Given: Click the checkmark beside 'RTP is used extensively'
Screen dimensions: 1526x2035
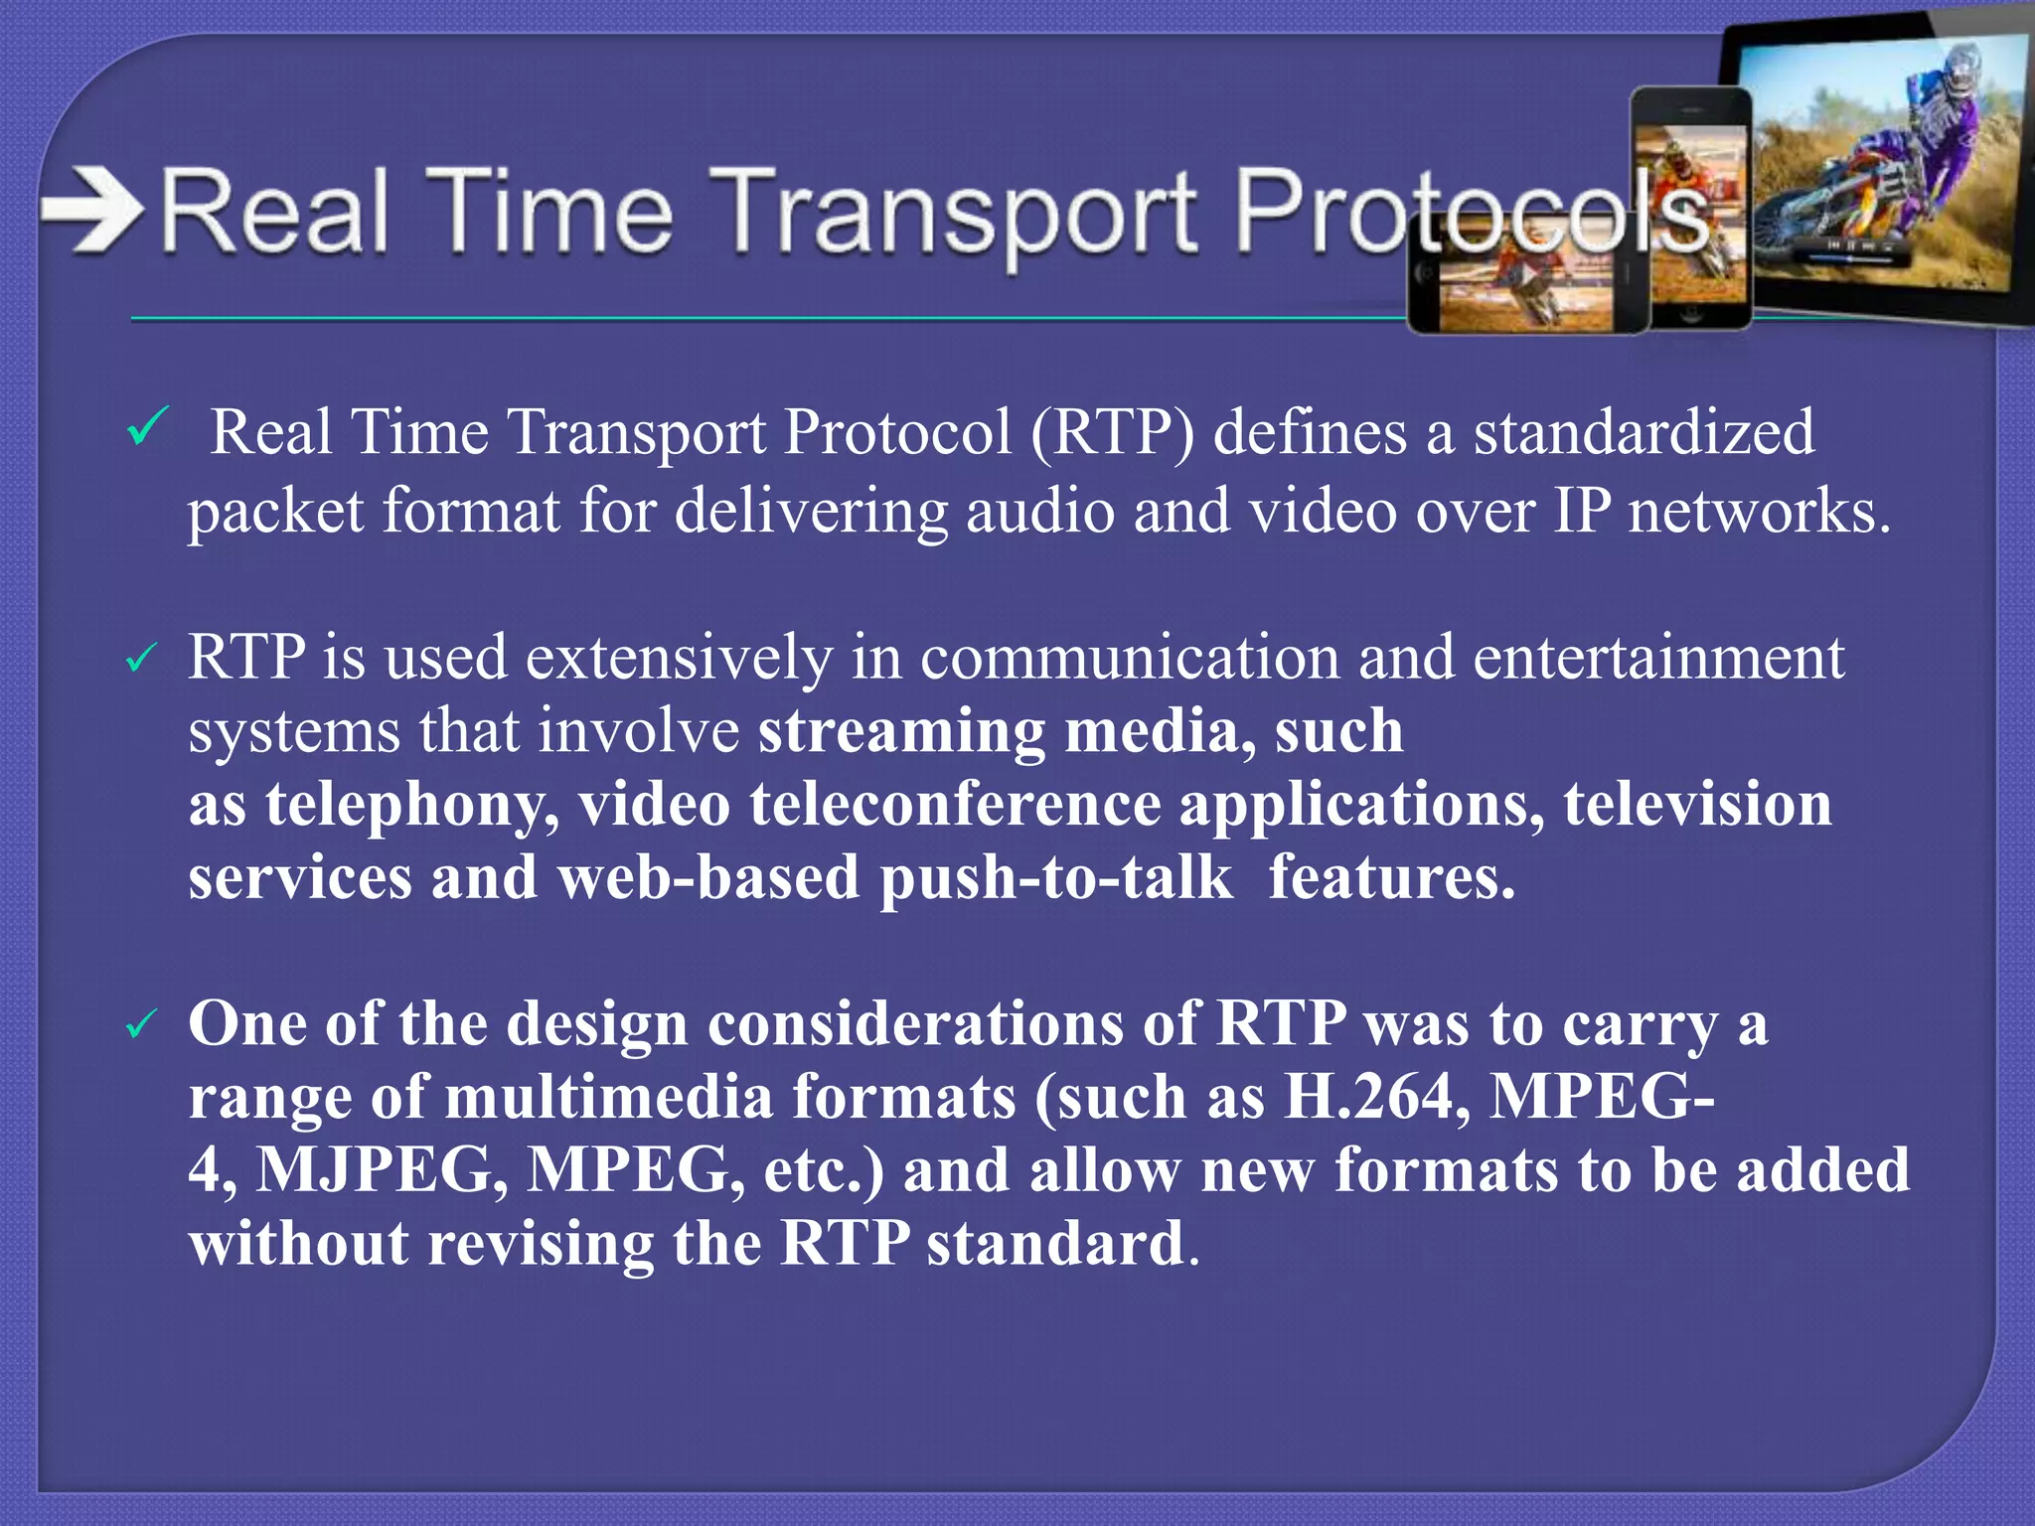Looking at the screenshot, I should coord(142,658).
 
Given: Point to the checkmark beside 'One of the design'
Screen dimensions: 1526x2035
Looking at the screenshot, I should coord(142,1025).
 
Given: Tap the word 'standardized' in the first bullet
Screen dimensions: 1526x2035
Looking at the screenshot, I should coord(1644,433).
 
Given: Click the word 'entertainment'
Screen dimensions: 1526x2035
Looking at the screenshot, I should coord(1657,658).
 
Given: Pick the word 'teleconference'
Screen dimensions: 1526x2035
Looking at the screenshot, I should coord(955,805).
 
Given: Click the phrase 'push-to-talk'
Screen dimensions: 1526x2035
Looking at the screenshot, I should coord(1055,878).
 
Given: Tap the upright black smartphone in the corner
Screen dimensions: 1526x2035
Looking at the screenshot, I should coord(1692,209).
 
